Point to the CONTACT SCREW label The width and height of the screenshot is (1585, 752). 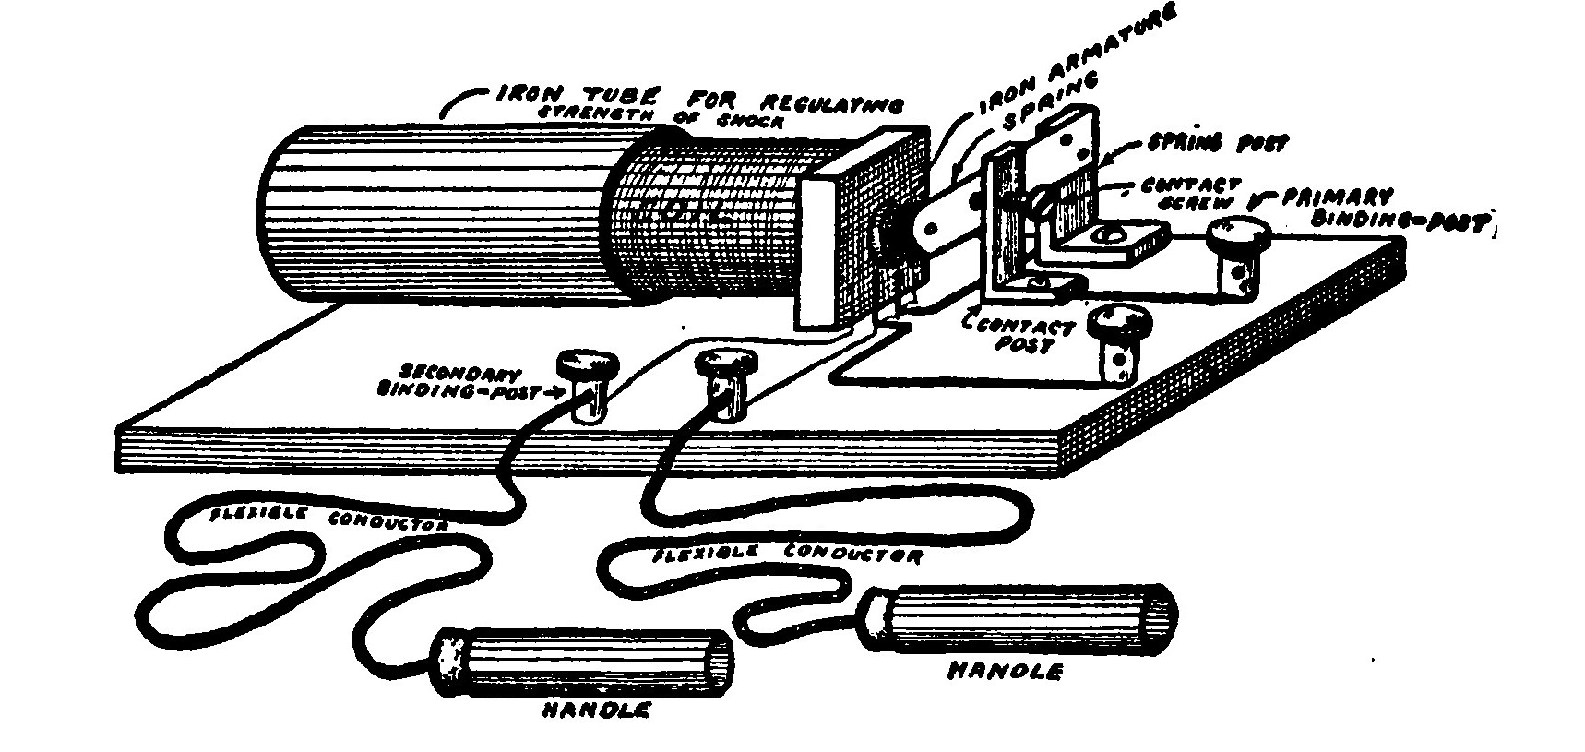1190,193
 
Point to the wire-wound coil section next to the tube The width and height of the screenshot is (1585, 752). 701,217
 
